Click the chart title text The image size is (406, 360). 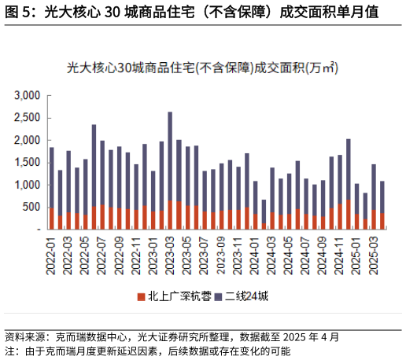[203, 68]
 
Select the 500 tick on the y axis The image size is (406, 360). [32, 208]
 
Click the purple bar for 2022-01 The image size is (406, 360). [52, 177]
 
